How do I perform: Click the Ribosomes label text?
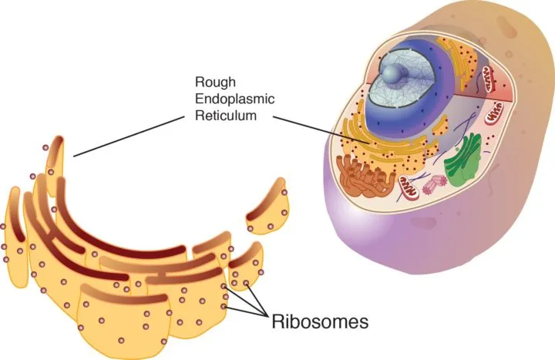tap(324, 318)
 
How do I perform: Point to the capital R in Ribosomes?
tap(277, 318)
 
